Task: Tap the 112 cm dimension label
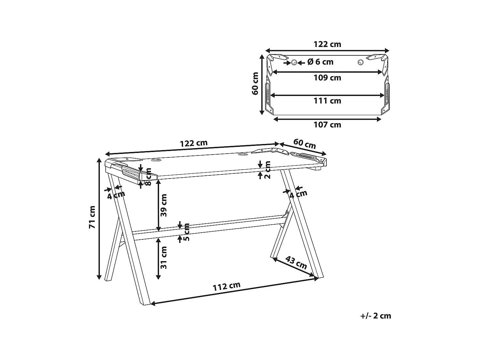(x=227, y=286)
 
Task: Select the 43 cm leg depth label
(x=296, y=262)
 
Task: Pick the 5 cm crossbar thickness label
(x=187, y=232)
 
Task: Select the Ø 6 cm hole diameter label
(x=320, y=62)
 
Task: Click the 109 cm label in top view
(x=327, y=78)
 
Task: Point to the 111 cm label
(x=327, y=101)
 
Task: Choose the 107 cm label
(x=327, y=125)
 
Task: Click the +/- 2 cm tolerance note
(x=376, y=316)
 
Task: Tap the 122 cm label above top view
(x=327, y=44)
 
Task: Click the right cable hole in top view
(x=361, y=62)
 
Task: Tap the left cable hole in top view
(x=294, y=62)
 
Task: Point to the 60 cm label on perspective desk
(x=305, y=144)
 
